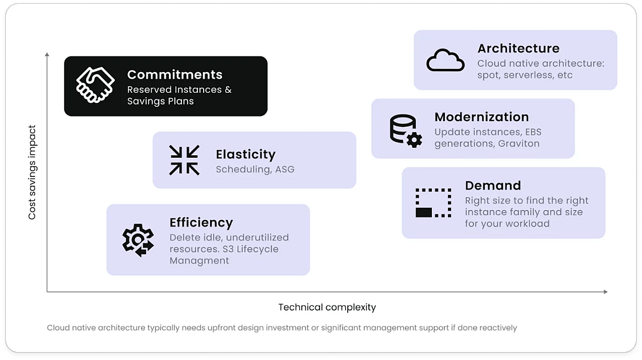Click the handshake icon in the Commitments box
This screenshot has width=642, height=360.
click(95, 85)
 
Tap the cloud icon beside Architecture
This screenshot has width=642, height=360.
click(445, 60)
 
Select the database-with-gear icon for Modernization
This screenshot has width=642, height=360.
click(406, 131)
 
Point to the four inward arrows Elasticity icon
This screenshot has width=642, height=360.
click(184, 160)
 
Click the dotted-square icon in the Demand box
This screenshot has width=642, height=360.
click(433, 203)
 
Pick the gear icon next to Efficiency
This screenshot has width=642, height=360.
click(138, 241)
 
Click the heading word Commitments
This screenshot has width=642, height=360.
click(175, 75)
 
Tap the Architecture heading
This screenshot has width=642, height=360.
click(519, 48)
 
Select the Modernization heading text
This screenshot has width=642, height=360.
click(482, 117)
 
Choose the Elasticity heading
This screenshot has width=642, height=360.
click(245, 154)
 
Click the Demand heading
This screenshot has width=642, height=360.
click(493, 186)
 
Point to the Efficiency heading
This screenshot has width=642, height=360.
click(201, 222)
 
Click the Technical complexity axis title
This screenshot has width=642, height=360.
click(327, 307)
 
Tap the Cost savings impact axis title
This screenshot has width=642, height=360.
click(32, 172)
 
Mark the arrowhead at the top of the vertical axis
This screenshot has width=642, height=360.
click(47, 54)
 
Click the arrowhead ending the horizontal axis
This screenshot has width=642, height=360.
click(605, 292)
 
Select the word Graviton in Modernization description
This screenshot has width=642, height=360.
click(519, 143)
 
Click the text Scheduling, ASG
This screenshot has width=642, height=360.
click(255, 169)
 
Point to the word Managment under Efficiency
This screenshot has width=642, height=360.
click(199, 261)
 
